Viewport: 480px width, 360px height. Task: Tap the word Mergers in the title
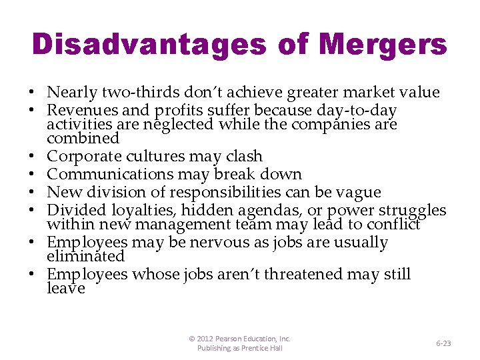click(x=383, y=44)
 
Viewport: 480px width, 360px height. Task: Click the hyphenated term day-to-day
click(x=361, y=110)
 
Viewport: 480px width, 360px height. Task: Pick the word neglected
click(x=176, y=124)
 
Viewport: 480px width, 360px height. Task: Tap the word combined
click(x=83, y=138)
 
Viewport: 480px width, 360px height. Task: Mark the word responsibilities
click(x=240, y=192)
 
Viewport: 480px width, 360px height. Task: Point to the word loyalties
click(x=155, y=211)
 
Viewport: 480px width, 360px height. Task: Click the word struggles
click(x=407, y=211)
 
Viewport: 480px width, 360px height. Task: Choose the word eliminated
click(x=85, y=257)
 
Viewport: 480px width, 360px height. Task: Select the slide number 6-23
click(x=443, y=343)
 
